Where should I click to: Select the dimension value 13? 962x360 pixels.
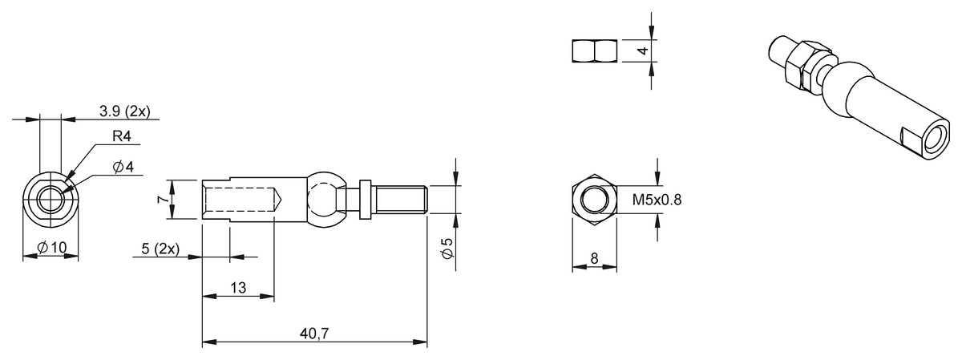click(238, 288)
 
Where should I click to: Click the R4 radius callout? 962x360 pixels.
click(121, 137)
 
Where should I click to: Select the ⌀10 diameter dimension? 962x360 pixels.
click(53, 248)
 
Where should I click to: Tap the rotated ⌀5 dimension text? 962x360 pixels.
click(447, 249)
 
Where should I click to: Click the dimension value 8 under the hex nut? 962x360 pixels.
click(594, 259)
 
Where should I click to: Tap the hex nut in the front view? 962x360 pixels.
click(594, 199)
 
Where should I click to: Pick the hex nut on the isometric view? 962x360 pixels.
click(802, 65)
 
